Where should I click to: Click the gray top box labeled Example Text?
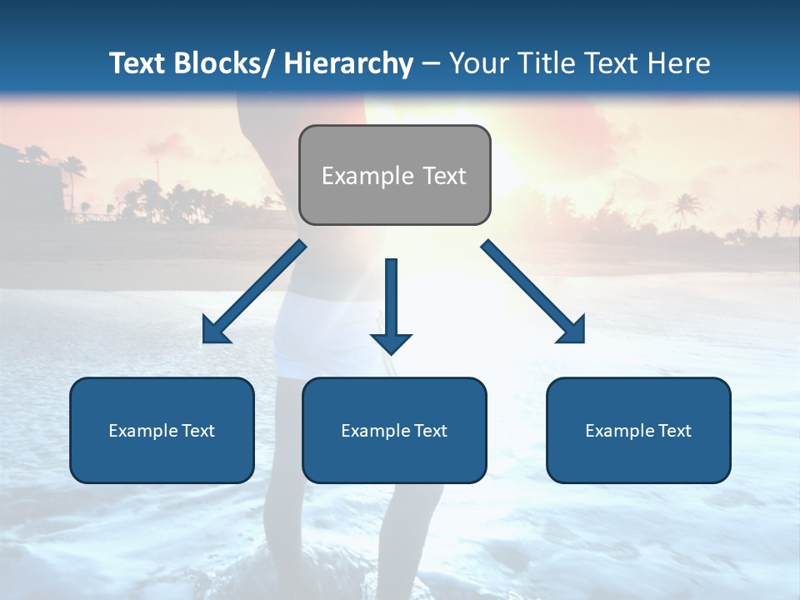point(394,175)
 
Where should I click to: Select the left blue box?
point(162,430)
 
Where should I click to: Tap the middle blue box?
point(394,430)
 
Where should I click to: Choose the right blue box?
point(638,430)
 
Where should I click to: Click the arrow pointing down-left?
point(254,292)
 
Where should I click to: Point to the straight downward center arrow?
point(391,305)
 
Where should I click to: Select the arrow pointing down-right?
point(533,292)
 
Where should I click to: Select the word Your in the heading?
point(477,63)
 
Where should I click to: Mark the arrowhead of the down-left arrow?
point(215,331)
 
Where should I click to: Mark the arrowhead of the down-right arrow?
point(572,331)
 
